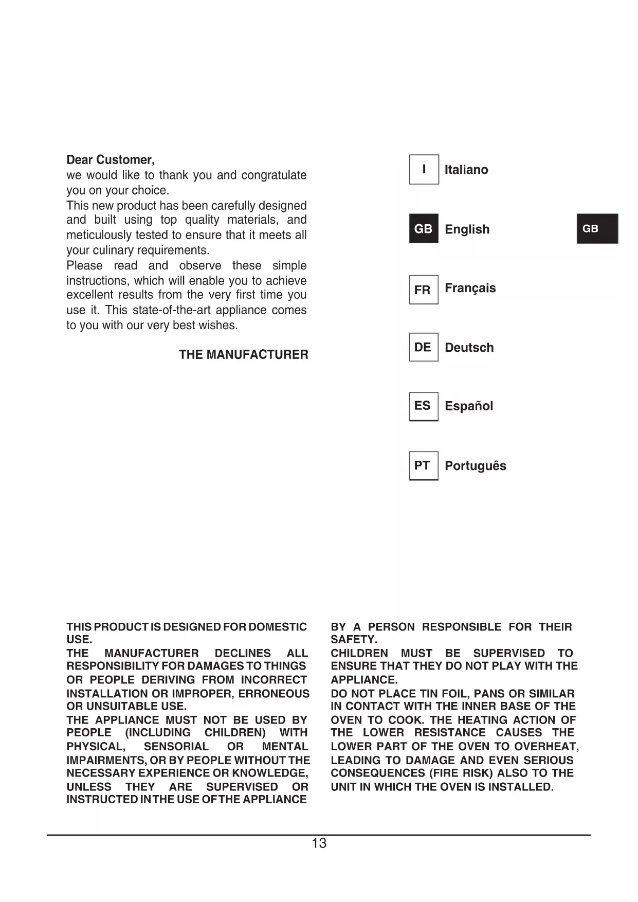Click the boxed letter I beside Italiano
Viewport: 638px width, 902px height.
424,169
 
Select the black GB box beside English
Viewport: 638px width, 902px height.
424,229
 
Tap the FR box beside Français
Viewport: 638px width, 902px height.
424,290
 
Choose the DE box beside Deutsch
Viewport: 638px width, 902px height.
424,347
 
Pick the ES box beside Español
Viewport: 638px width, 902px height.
424,406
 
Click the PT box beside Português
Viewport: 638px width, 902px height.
424,465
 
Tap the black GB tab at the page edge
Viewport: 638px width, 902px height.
597,229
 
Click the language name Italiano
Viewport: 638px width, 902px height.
466,170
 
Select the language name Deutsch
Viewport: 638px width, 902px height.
469,348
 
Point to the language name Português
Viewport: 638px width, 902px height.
475,466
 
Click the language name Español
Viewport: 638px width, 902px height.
468,406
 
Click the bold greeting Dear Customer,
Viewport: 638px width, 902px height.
111,160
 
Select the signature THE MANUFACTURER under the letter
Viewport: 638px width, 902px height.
244,355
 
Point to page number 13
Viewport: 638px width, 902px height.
319,843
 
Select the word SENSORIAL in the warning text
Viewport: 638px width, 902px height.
176,747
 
